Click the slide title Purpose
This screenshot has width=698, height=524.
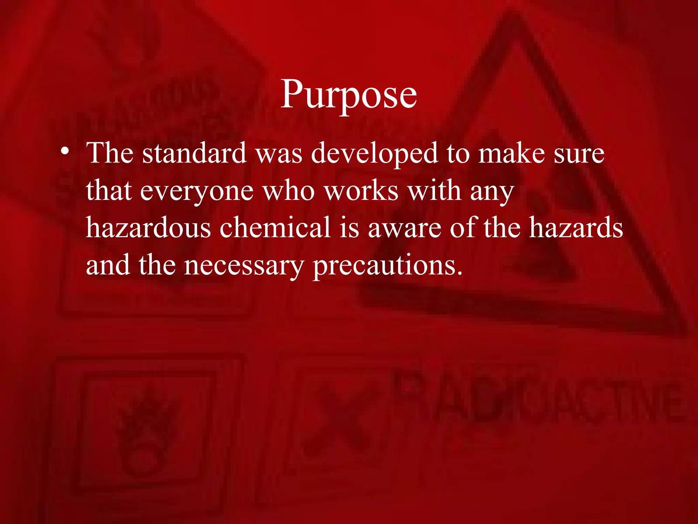tap(349, 94)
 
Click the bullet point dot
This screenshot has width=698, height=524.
tap(65, 150)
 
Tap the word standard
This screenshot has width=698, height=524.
tap(195, 154)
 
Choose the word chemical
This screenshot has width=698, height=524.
tap(275, 228)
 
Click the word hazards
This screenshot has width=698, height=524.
tap(576, 228)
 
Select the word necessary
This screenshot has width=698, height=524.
tap(244, 266)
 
